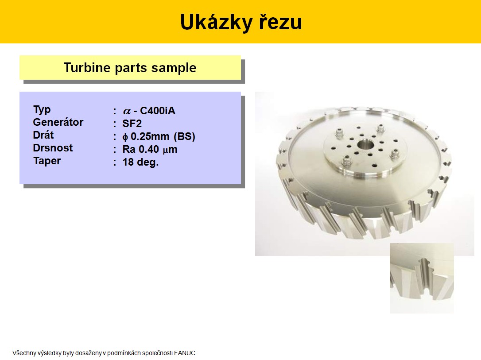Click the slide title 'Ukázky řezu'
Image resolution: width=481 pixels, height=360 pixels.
241,22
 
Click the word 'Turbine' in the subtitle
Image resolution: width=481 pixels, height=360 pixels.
87,67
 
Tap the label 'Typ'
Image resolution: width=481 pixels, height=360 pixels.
42,110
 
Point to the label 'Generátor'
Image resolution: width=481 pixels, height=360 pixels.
58,122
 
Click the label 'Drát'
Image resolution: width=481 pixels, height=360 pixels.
43,135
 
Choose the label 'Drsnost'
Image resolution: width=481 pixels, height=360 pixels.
53,148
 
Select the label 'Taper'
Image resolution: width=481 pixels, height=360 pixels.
47,161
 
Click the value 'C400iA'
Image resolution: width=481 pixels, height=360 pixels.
158,111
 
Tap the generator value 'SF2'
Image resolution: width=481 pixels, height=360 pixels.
132,124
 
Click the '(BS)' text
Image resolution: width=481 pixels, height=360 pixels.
184,136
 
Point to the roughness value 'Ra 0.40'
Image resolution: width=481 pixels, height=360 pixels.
141,149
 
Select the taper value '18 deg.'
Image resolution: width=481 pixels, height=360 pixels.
140,162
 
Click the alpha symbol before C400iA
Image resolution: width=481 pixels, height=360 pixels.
127,111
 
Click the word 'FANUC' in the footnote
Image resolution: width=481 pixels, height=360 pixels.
185,353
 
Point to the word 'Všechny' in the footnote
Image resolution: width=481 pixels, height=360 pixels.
24,353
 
